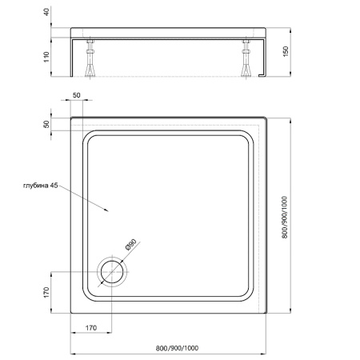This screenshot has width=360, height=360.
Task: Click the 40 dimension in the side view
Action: click(47, 12)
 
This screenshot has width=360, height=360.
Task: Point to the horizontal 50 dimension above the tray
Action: click(77, 96)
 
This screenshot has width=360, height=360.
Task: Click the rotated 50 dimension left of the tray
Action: click(47, 124)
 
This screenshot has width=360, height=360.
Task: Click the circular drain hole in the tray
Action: click(111, 272)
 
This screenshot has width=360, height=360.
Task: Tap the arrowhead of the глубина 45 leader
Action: click(107, 212)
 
